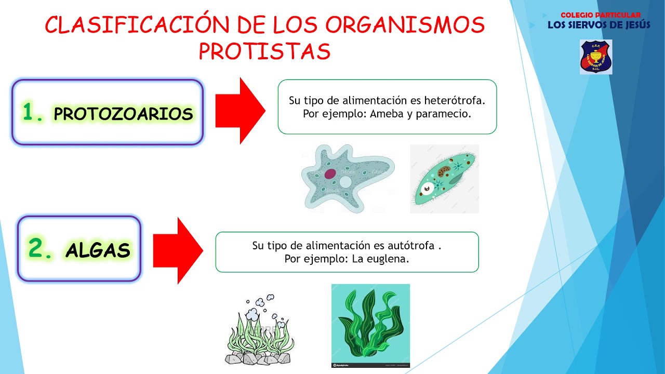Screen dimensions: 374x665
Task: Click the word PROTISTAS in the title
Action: coord(264,51)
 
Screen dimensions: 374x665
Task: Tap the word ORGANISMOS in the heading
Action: coord(406,25)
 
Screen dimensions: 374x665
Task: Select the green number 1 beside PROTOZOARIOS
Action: coord(33,112)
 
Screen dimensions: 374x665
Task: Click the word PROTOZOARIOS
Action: coord(124,114)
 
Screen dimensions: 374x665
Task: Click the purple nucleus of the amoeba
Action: coord(330,174)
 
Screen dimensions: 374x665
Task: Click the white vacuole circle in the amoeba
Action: coord(345,182)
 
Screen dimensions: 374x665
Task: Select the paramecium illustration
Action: coord(444,179)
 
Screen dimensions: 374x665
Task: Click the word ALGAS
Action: coord(98,251)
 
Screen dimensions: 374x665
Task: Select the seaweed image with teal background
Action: coord(370,325)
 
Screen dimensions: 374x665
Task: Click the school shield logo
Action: coord(596,57)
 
